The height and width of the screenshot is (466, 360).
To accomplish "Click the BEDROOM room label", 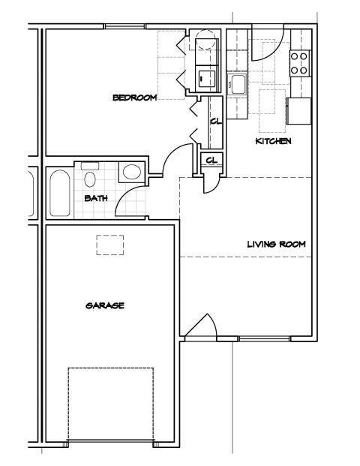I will tap(134, 97).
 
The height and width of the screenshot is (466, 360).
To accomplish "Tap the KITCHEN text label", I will tap(273, 141).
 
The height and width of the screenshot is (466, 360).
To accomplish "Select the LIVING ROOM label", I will tap(277, 244).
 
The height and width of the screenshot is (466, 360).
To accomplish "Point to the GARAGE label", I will tap(104, 305).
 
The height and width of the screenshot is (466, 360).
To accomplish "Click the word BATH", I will tap(95, 198).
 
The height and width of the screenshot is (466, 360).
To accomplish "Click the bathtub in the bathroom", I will tap(59, 194).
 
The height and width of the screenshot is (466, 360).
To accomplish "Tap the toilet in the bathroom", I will tap(90, 176).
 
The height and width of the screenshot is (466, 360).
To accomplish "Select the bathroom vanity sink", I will tap(130, 172).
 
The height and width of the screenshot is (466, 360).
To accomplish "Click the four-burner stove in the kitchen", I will tap(300, 62).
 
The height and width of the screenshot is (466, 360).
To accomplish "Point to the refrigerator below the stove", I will tap(298, 111).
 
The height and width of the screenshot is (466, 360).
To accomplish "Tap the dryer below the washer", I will tap(205, 77).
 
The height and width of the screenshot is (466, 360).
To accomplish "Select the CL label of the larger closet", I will tap(215, 122).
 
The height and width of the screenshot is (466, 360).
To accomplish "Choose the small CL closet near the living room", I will tap(211, 160).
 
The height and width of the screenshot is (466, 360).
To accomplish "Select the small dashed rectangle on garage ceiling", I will tap(109, 245).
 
